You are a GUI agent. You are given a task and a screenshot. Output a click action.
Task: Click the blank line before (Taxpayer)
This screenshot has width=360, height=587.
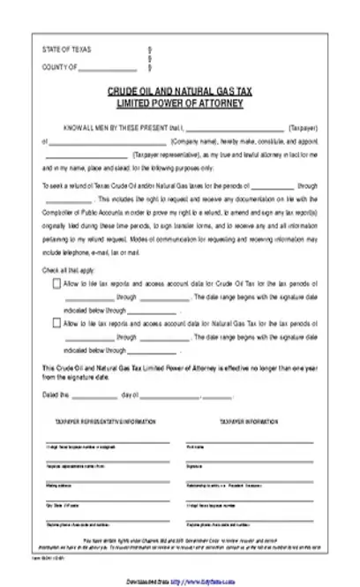(236, 129)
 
